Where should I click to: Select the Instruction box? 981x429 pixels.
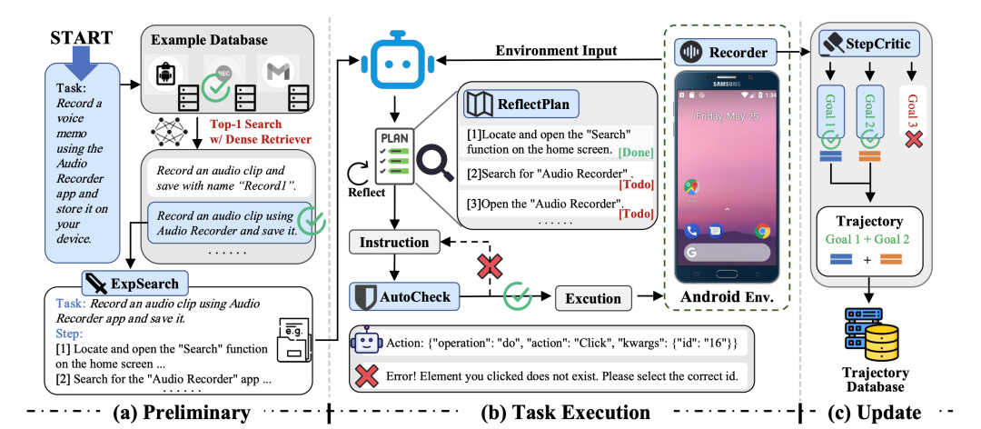pyautogui.click(x=393, y=243)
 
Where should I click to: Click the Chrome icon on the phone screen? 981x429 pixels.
pyautogui.click(x=761, y=231)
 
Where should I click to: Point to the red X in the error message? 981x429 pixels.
pyautogui.click(x=366, y=374)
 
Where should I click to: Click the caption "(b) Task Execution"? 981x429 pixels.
pyautogui.click(x=565, y=413)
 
